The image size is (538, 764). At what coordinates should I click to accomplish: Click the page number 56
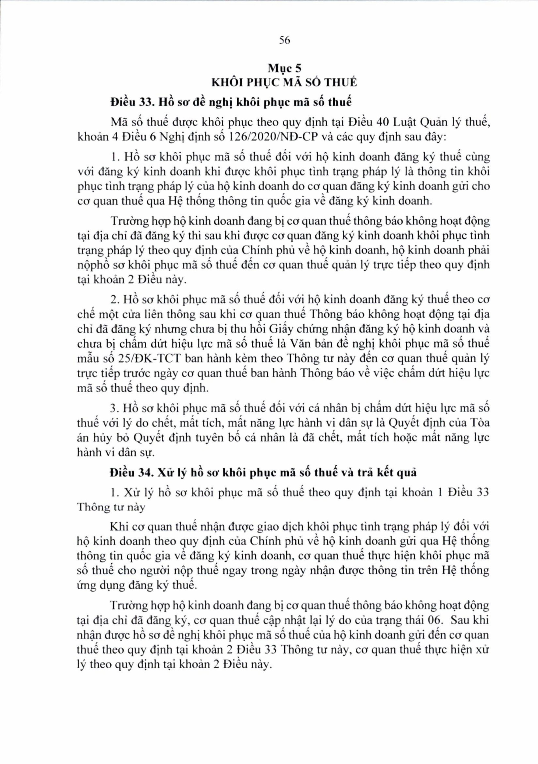285,40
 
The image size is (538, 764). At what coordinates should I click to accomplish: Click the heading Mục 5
285,69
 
